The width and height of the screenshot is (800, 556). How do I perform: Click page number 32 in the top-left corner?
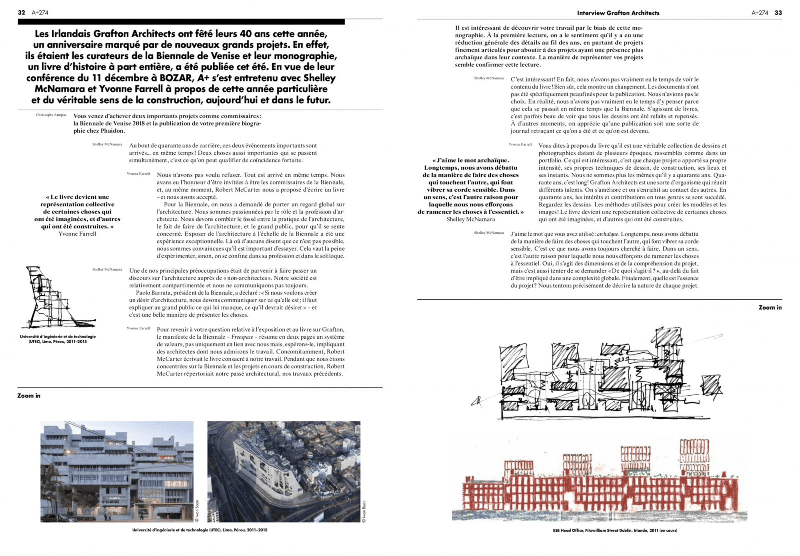[21, 13]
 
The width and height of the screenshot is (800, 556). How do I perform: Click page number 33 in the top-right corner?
[778, 13]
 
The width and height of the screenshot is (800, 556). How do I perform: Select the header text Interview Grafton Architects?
[618, 13]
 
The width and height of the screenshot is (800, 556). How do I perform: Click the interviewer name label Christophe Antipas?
[51, 115]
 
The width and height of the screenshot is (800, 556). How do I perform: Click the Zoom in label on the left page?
[29, 395]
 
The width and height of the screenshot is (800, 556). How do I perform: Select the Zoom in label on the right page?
[770, 307]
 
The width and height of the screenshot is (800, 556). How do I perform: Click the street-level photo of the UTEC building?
[117, 471]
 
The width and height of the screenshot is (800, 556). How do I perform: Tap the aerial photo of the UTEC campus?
[283, 471]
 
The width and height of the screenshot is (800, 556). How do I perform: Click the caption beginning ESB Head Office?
[611, 530]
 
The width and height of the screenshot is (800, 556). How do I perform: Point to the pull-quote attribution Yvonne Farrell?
[77, 234]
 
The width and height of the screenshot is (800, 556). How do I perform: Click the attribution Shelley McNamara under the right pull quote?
[470, 219]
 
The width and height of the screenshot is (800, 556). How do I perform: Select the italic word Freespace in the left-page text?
[242, 337]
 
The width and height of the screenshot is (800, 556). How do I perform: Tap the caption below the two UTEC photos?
[200, 530]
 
